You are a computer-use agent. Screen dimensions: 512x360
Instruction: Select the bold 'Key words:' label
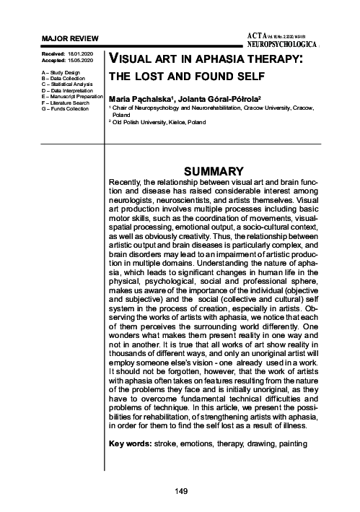[x=128, y=441]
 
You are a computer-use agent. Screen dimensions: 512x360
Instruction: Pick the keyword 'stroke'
[x=167, y=441]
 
